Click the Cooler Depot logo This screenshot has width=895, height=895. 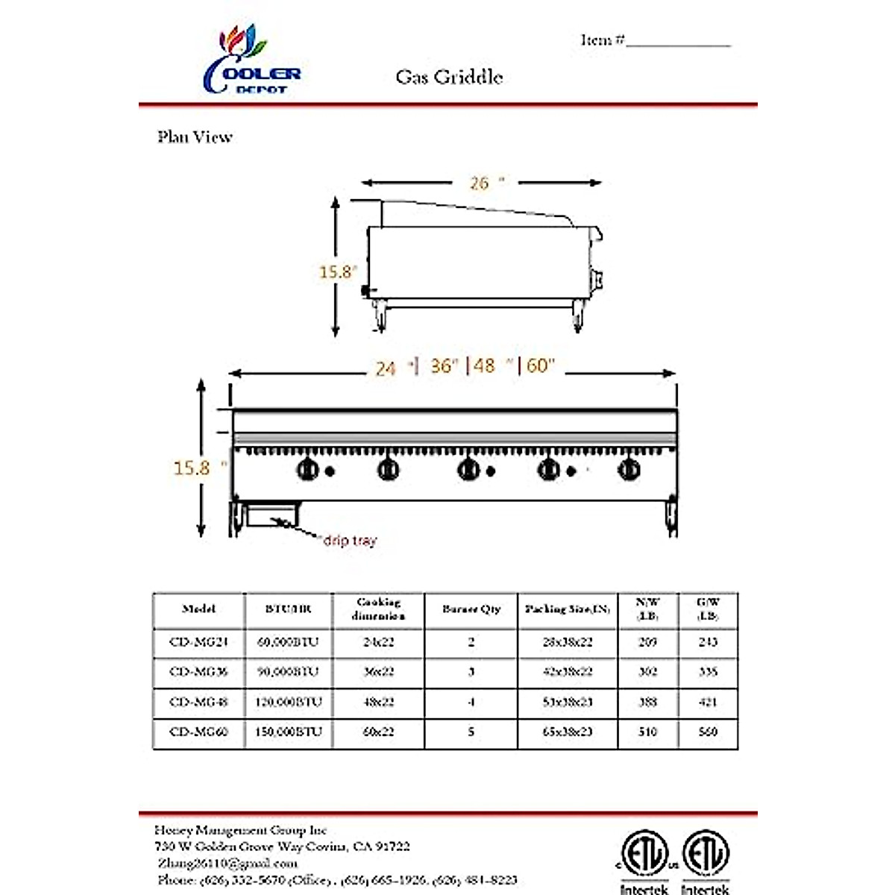pyautogui.click(x=251, y=61)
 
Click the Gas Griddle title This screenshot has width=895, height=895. pyautogui.click(x=449, y=77)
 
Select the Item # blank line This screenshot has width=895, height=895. pyautogui.click(x=678, y=43)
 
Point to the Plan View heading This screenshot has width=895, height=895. pyautogui.click(x=195, y=137)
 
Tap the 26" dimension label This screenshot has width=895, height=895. pyautogui.click(x=486, y=183)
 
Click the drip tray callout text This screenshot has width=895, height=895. pyautogui.click(x=350, y=540)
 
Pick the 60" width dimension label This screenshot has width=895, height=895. pyautogui.click(x=541, y=365)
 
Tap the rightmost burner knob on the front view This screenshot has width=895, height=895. pyautogui.click(x=629, y=470)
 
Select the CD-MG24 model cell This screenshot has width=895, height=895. pyautogui.click(x=198, y=642)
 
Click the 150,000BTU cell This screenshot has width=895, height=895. pyautogui.click(x=289, y=732)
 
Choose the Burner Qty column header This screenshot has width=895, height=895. pyautogui.click(x=471, y=609)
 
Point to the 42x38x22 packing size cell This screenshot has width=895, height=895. pyautogui.click(x=568, y=672)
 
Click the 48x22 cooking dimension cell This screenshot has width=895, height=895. pyautogui.click(x=378, y=702)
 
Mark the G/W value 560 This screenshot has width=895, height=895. pyautogui.click(x=708, y=732)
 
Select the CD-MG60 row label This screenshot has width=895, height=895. pyautogui.click(x=198, y=732)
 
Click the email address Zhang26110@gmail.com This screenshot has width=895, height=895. pyautogui.click(x=227, y=863)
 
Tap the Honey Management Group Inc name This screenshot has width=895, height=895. pyautogui.click(x=241, y=830)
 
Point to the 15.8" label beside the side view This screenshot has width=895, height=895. pyautogui.click(x=337, y=272)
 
